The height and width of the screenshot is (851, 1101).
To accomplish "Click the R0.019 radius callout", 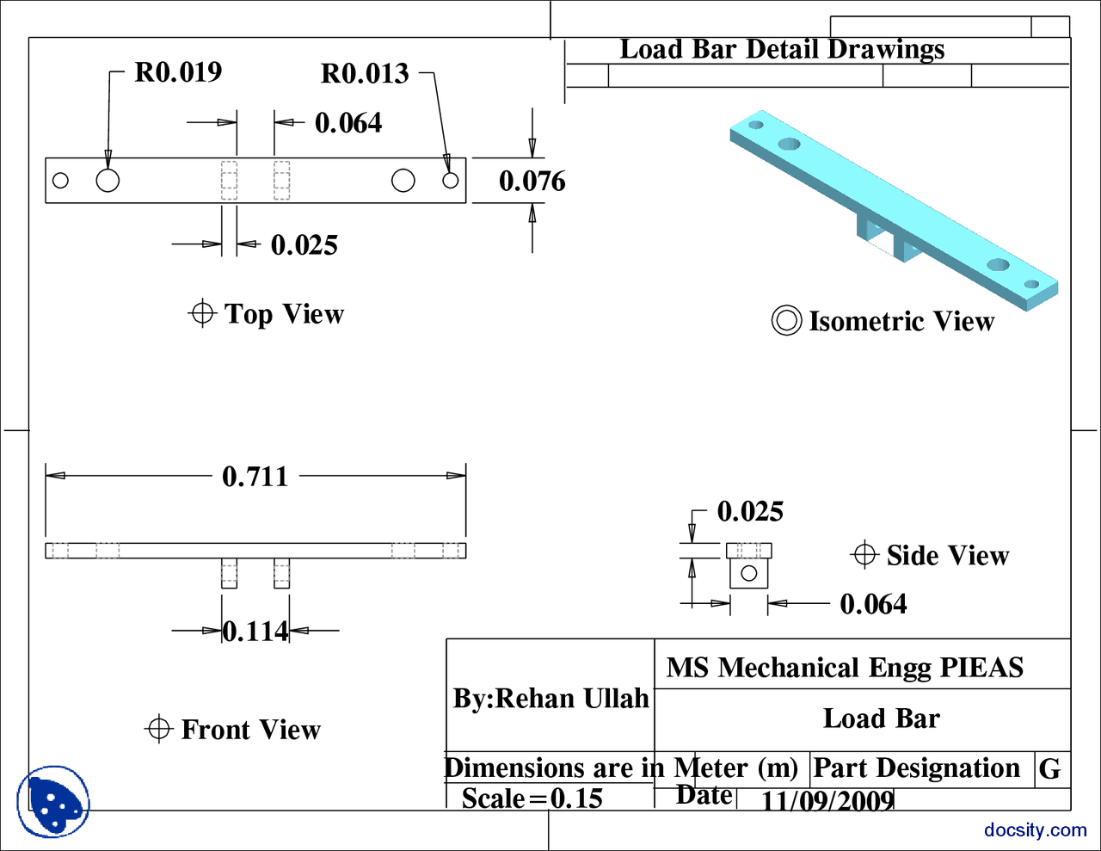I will [x=178, y=72].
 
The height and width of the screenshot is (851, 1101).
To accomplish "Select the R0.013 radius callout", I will [x=365, y=74].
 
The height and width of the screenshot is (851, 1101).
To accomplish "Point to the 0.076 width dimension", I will [x=532, y=182].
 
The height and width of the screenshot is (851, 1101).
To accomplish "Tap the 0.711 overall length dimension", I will [x=255, y=477].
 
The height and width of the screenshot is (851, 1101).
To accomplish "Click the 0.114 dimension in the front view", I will [x=255, y=632].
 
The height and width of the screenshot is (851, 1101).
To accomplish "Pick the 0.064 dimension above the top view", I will [x=348, y=123].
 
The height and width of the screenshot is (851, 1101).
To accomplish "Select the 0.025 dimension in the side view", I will [x=750, y=512].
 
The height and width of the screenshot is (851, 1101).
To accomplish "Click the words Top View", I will [x=284, y=314].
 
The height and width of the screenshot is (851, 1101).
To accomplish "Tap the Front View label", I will [x=250, y=730].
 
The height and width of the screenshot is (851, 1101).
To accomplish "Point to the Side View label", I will [x=947, y=556].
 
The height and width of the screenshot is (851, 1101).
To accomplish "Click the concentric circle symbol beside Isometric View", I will [x=786, y=321].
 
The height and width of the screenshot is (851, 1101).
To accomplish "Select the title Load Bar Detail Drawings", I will [x=782, y=50].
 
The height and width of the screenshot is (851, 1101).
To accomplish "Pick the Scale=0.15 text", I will [x=532, y=799].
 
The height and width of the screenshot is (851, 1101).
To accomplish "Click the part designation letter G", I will [x=1049, y=768].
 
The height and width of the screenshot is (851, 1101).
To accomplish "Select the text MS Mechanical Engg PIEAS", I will [x=845, y=668].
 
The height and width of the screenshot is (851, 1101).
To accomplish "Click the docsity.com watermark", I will [x=1035, y=830].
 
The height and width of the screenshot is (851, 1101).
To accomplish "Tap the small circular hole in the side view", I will [x=748, y=573].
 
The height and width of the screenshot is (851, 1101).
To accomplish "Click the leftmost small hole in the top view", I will [x=60, y=181].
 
